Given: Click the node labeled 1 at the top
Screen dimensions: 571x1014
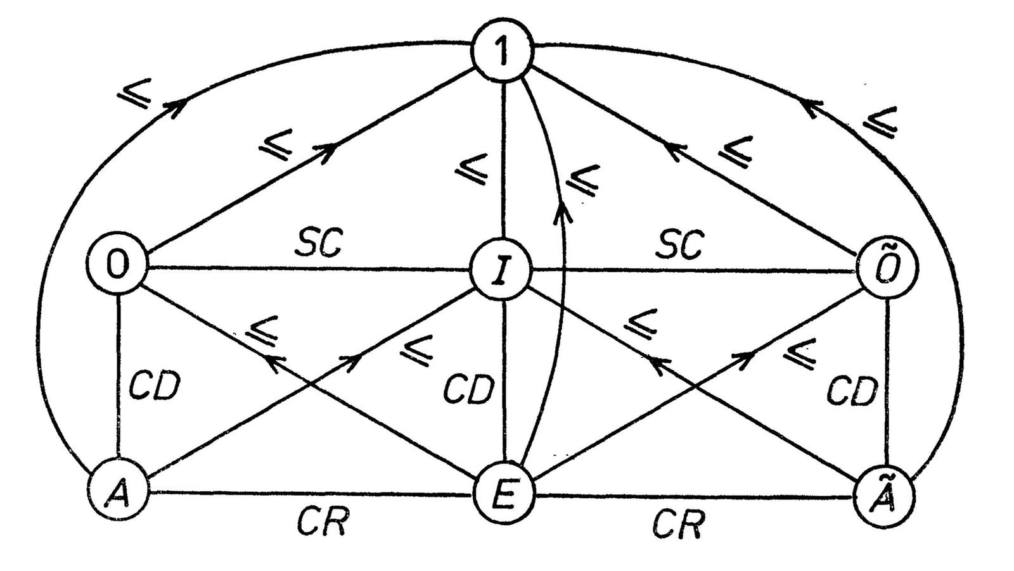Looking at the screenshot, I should [503, 53].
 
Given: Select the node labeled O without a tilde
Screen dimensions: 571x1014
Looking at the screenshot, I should [119, 267].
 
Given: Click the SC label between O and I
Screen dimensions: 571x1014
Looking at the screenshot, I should [321, 242].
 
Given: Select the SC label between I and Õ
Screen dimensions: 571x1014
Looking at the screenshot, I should [680, 244].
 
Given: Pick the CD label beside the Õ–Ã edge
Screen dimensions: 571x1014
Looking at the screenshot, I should [852, 391].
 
